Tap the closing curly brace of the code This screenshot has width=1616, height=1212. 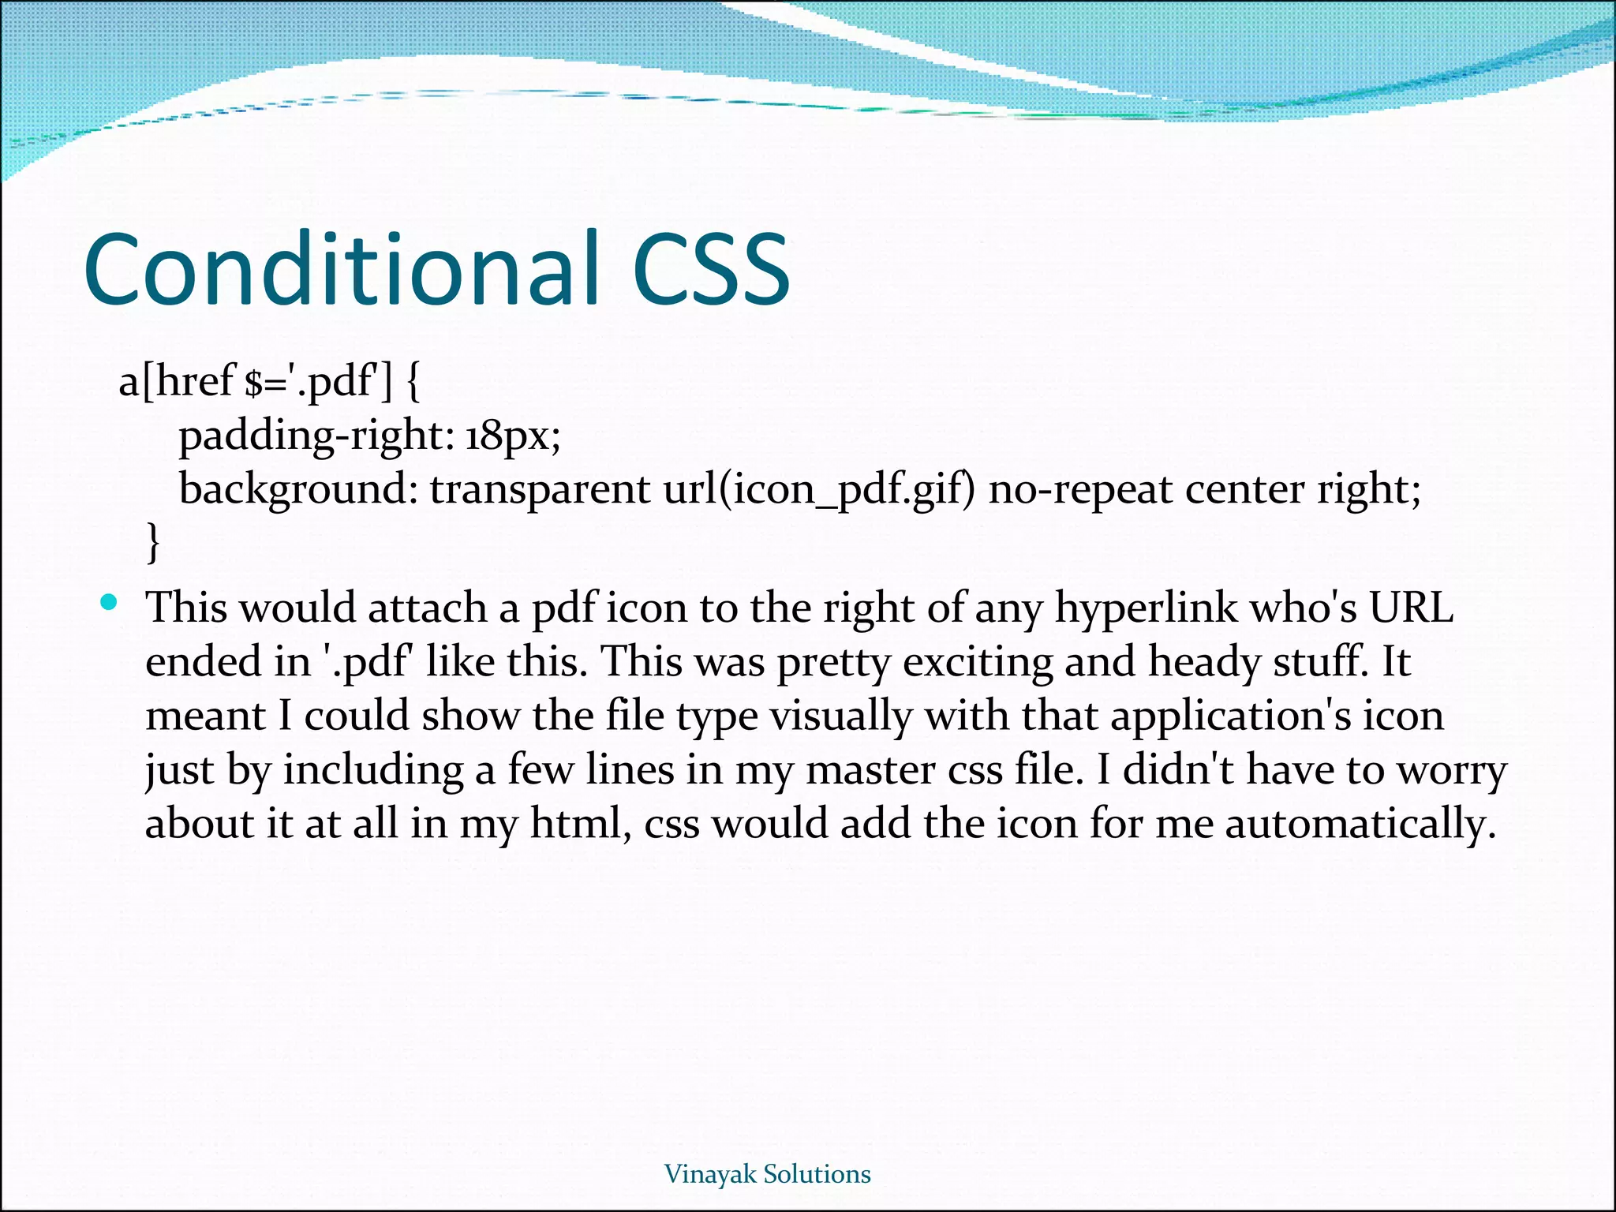coord(153,542)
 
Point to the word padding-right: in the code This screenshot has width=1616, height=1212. coord(316,436)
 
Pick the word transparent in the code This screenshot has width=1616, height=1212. coord(540,489)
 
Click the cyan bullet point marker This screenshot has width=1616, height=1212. coord(109,604)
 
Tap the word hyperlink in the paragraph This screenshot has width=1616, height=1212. coord(1147,609)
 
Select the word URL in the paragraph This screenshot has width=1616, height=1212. coord(1410,608)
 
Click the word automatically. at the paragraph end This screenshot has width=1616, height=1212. coord(1360,824)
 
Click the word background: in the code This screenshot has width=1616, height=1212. coord(297,489)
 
